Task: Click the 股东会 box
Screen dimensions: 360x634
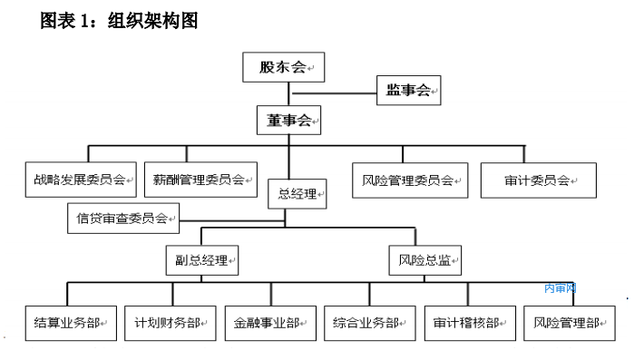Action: tap(283, 67)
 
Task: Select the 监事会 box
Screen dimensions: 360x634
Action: tap(408, 90)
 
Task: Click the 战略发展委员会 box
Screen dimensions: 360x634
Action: tap(81, 180)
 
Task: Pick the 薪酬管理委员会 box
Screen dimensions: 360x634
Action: tap(200, 180)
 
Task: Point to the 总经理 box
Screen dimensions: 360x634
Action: tap(297, 192)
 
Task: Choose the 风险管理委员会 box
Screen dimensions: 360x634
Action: tap(409, 180)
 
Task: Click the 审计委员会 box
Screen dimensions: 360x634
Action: tap(539, 180)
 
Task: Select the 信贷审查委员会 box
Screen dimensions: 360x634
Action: tap(123, 217)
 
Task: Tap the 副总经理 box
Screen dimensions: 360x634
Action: tap(201, 260)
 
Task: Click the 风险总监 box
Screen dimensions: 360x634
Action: tap(425, 260)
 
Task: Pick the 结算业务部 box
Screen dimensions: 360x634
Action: tap(71, 322)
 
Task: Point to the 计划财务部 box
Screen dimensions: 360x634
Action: tap(171, 322)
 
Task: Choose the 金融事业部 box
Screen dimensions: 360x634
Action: tap(270, 322)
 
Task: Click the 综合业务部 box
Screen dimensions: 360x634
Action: tap(369, 322)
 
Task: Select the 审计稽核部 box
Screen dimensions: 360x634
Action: tap(469, 322)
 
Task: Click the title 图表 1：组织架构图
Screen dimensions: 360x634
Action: tap(119, 21)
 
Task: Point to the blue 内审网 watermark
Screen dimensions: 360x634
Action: tap(561, 288)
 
